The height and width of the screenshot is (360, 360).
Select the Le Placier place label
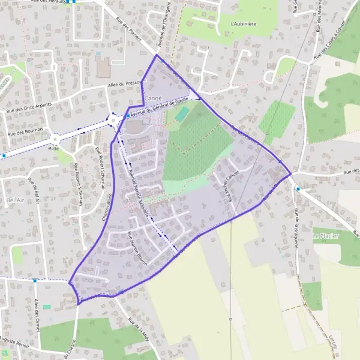click(326, 236)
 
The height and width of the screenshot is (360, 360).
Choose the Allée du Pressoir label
click(124, 85)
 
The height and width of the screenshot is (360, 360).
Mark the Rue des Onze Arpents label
click(29, 107)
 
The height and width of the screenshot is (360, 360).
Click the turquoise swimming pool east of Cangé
click(181, 113)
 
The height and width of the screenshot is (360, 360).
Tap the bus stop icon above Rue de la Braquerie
click(298, 188)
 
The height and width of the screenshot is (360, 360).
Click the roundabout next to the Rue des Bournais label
click(56, 138)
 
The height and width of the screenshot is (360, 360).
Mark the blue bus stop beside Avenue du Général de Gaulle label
click(127, 115)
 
